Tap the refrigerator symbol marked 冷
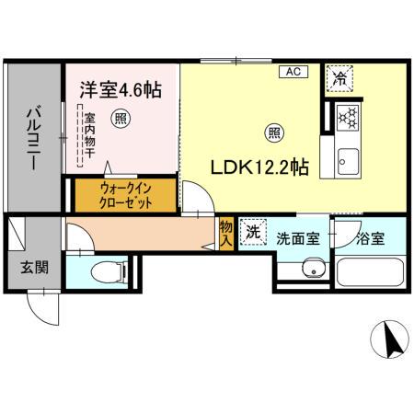(340, 80)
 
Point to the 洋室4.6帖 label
(121, 90)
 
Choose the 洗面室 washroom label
(298, 237)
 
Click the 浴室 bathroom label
(371, 237)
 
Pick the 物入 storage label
(226, 232)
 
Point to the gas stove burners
(347, 118)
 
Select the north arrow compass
(391, 342)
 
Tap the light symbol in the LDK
(274, 132)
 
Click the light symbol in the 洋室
(120, 118)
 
